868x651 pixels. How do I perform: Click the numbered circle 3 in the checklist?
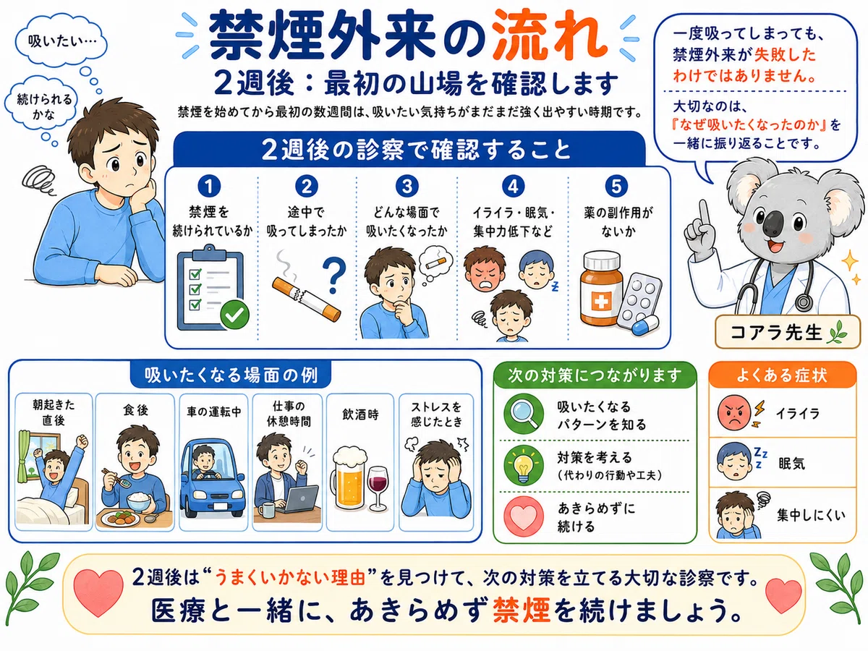point(407,187)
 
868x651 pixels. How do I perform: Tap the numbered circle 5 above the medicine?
point(616,187)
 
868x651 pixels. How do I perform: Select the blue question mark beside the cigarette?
point(335,276)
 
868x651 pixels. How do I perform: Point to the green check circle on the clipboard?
point(235,315)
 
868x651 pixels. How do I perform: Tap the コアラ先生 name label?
point(787,332)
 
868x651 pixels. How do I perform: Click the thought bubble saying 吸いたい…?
point(61,41)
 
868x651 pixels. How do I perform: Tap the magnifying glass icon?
point(524,414)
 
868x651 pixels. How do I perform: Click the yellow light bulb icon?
point(524,465)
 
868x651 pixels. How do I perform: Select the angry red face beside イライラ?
point(734,413)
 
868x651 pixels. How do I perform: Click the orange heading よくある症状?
point(782,375)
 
